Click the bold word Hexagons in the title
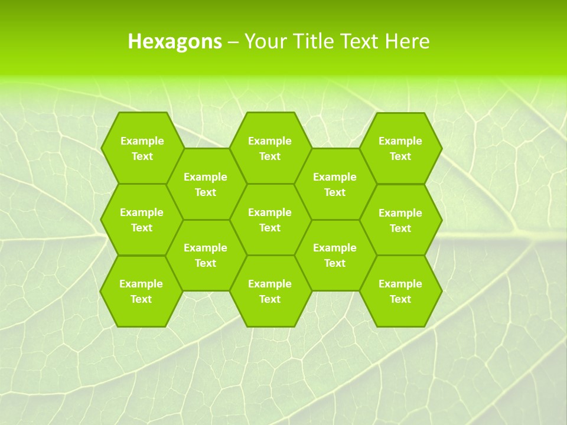(175, 41)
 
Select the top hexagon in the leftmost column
(142, 148)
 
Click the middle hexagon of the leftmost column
(142, 220)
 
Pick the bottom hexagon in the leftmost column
(141, 291)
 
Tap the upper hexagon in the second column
(206, 184)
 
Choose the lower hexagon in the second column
(206, 255)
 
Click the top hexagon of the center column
(270, 148)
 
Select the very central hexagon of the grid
(270, 220)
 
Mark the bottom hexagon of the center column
(270, 291)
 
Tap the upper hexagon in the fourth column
(335, 184)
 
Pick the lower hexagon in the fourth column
(335, 255)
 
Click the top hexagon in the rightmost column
(400, 148)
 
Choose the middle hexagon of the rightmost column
(400, 220)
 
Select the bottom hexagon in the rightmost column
(400, 291)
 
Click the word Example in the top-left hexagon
(142, 141)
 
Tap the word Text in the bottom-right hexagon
(400, 299)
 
